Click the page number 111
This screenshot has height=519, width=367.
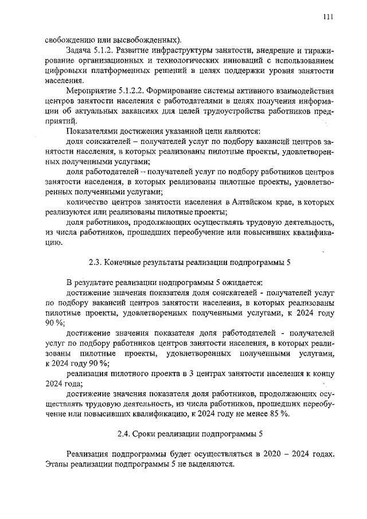click(x=328, y=17)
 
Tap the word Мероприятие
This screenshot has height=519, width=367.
click(x=91, y=91)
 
